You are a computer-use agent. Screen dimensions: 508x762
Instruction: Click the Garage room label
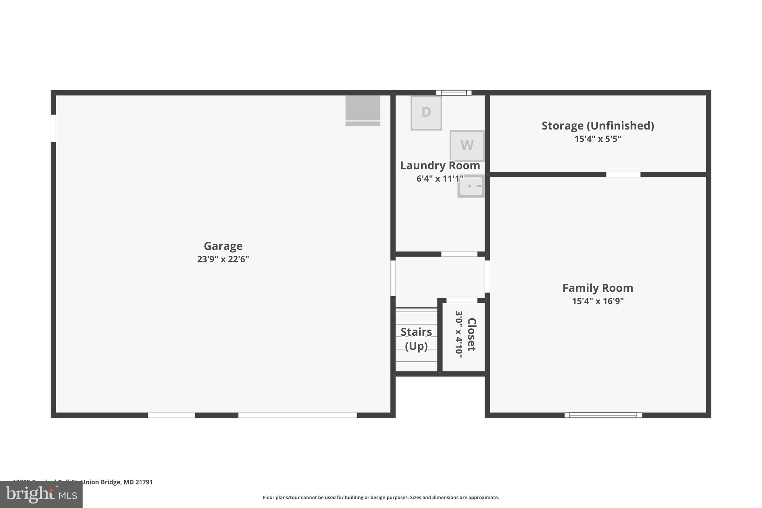(x=223, y=246)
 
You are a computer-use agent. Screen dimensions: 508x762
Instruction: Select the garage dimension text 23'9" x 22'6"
(x=223, y=259)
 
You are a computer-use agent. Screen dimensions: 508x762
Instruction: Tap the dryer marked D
(x=426, y=112)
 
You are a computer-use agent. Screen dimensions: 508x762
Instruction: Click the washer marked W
(x=467, y=145)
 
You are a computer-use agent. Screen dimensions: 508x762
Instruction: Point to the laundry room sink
(x=471, y=186)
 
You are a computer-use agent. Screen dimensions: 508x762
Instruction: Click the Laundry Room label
(x=440, y=166)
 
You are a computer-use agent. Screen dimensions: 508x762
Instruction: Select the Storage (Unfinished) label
(x=598, y=126)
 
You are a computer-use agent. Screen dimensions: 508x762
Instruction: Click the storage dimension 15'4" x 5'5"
(x=598, y=139)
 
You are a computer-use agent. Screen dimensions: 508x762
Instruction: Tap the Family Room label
(x=598, y=288)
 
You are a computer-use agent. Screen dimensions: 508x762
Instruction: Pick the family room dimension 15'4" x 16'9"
(x=598, y=301)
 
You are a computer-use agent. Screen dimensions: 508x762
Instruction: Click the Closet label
(x=471, y=334)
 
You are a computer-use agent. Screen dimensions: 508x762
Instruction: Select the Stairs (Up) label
(x=416, y=339)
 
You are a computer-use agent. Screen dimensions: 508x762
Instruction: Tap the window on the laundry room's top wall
(x=454, y=93)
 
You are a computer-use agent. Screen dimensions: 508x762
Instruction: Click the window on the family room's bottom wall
(x=603, y=415)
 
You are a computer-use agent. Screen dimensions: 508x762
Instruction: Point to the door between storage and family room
(x=623, y=175)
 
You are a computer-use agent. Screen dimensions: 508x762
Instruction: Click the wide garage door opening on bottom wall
(x=297, y=415)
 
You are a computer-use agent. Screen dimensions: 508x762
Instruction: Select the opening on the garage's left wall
(x=54, y=128)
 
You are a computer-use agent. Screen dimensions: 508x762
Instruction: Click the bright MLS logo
(x=41, y=494)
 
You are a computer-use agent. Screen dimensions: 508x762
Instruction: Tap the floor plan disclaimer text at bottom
(x=381, y=497)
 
